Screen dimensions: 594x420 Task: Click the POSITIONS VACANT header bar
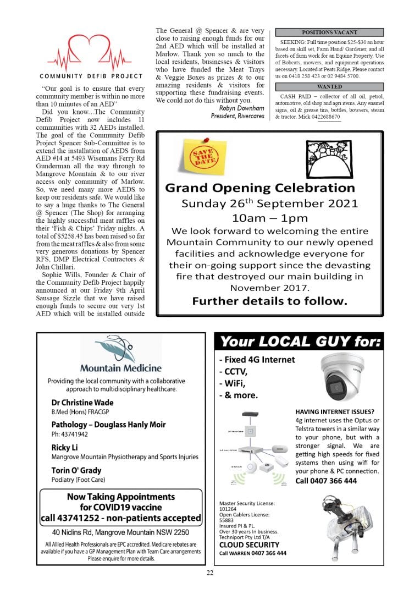pyautogui.click(x=329, y=32)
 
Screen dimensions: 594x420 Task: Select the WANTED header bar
pyautogui.click(x=329, y=86)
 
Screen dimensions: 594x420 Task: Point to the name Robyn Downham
pyautogui.click(x=238, y=108)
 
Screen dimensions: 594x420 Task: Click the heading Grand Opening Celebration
pyautogui.click(x=260, y=188)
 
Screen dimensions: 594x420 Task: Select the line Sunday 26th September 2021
pyautogui.click(x=269, y=204)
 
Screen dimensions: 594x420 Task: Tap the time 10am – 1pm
pyautogui.click(x=269, y=218)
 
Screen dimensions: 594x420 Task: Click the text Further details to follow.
pyautogui.click(x=269, y=301)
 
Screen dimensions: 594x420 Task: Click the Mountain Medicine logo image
pyautogui.click(x=121, y=355)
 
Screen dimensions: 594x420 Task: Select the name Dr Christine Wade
pyautogui.click(x=82, y=403)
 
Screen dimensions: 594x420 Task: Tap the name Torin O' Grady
pyautogui.click(x=76, y=470)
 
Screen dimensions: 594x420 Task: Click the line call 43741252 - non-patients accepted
pyautogui.click(x=121, y=518)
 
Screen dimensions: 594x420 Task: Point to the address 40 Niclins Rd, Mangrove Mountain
pyautogui.click(x=121, y=532)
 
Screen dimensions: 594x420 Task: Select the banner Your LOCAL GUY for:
pyautogui.click(x=299, y=342)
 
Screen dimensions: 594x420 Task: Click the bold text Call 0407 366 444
pyautogui.click(x=326, y=481)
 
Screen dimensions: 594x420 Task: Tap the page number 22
pyautogui.click(x=210, y=573)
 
